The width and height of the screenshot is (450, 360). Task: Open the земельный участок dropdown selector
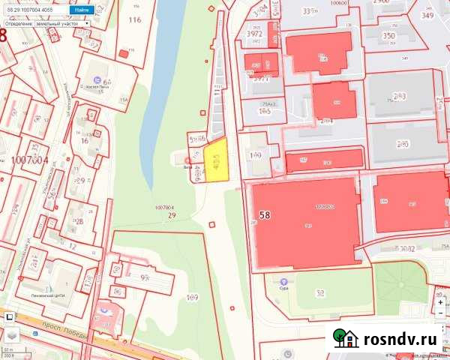pos(46,23)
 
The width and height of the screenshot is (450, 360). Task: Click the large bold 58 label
pos(265,215)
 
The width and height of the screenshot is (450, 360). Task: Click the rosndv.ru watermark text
pos(402,339)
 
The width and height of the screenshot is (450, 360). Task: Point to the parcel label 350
pos(388,35)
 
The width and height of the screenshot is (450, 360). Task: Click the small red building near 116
pos(123,54)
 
